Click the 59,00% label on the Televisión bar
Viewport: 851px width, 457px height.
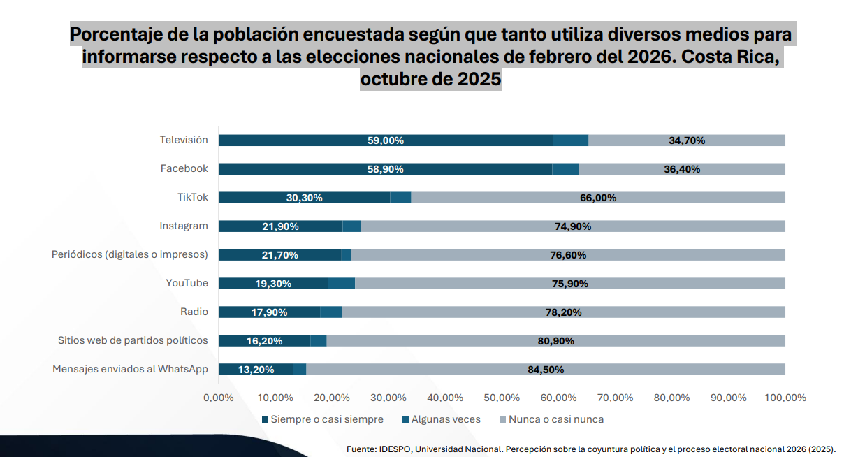pos(386,140)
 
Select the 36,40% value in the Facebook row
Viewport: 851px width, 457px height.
pos(682,169)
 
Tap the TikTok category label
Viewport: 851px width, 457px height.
pos(192,197)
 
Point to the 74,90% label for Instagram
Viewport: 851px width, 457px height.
pos(573,226)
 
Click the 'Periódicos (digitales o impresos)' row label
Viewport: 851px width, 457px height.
pos(130,254)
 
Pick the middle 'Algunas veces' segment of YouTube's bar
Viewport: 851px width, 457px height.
pos(341,284)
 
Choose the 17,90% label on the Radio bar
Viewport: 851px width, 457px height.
pos(269,312)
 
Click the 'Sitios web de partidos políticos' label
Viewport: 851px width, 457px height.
pos(133,340)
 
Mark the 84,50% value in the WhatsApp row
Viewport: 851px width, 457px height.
pos(546,370)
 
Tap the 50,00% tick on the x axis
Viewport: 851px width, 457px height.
pos(502,398)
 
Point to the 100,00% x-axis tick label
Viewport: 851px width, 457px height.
pos(785,398)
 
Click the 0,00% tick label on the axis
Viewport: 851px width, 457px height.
pos(219,398)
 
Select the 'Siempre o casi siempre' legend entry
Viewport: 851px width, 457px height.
pos(322,420)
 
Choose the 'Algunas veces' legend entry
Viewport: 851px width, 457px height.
pos(441,420)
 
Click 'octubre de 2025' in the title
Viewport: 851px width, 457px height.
pos(430,80)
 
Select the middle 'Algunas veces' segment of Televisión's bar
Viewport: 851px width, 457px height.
pos(570,140)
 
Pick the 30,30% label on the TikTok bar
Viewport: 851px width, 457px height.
pos(305,198)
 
